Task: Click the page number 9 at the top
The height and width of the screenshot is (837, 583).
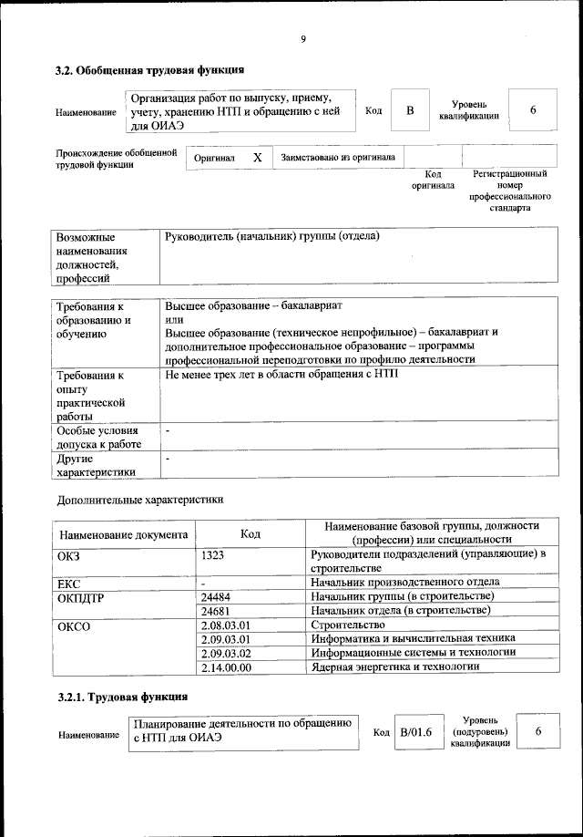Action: point(302,38)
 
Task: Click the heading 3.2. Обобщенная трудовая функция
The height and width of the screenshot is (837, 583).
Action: point(149,69)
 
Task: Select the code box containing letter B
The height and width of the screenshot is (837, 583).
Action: point(410,110)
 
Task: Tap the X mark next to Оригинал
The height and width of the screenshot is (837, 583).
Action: point(258,158)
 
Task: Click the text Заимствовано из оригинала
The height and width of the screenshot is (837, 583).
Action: point(338,158)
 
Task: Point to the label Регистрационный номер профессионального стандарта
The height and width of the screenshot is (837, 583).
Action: point(509,190)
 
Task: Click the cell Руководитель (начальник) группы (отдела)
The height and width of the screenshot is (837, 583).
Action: point(272,237)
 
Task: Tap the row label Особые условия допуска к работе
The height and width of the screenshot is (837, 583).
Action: point(99,437)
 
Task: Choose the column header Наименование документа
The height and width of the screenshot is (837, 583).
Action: point(124,534)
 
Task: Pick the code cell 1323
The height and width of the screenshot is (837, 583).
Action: point(212,553)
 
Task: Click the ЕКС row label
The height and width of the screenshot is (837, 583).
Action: point(68,582)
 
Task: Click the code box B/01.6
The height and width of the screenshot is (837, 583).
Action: point(416,733)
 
